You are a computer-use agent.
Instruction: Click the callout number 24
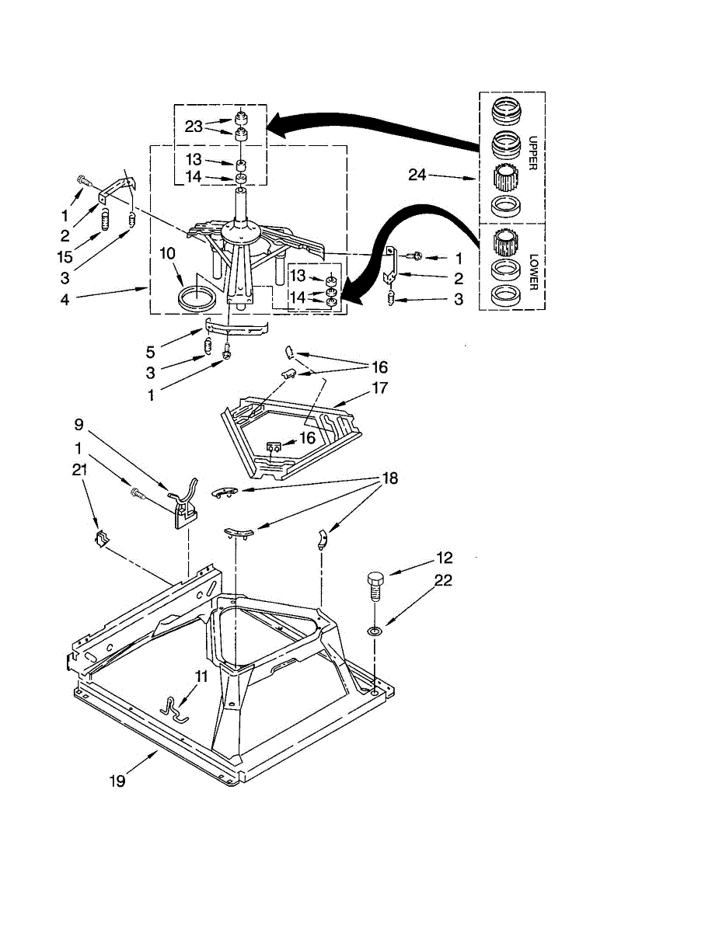417,175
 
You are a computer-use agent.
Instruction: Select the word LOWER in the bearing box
533,271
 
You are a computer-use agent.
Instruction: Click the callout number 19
117,781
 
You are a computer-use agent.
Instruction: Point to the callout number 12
444,558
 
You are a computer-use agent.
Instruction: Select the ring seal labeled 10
197,298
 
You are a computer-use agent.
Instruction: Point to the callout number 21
79,469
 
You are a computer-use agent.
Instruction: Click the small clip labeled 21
99,537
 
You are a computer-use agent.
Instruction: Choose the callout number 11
201,676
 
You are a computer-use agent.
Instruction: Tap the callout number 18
389,478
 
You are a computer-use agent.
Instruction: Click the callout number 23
194,126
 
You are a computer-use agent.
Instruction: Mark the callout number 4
65,298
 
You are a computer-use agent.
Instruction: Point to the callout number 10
169,252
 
